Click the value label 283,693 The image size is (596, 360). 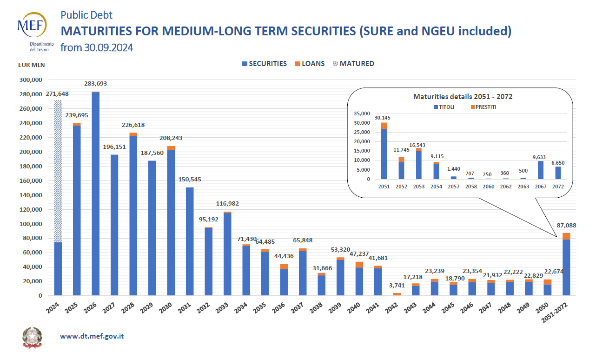tap(96, 84)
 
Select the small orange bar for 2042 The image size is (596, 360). tap(397, 294)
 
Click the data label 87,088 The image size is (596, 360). tap(566, 226)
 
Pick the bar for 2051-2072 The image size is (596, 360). tap(566, 265)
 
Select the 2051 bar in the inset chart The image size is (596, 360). tap(384, 153)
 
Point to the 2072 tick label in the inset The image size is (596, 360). tap(558, 187)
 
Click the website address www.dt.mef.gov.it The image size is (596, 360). tap(92, 335)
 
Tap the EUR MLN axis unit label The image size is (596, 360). tap(32, 65)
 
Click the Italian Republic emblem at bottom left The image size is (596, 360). tap(32, 337)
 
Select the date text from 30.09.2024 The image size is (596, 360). tap(97, 47)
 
